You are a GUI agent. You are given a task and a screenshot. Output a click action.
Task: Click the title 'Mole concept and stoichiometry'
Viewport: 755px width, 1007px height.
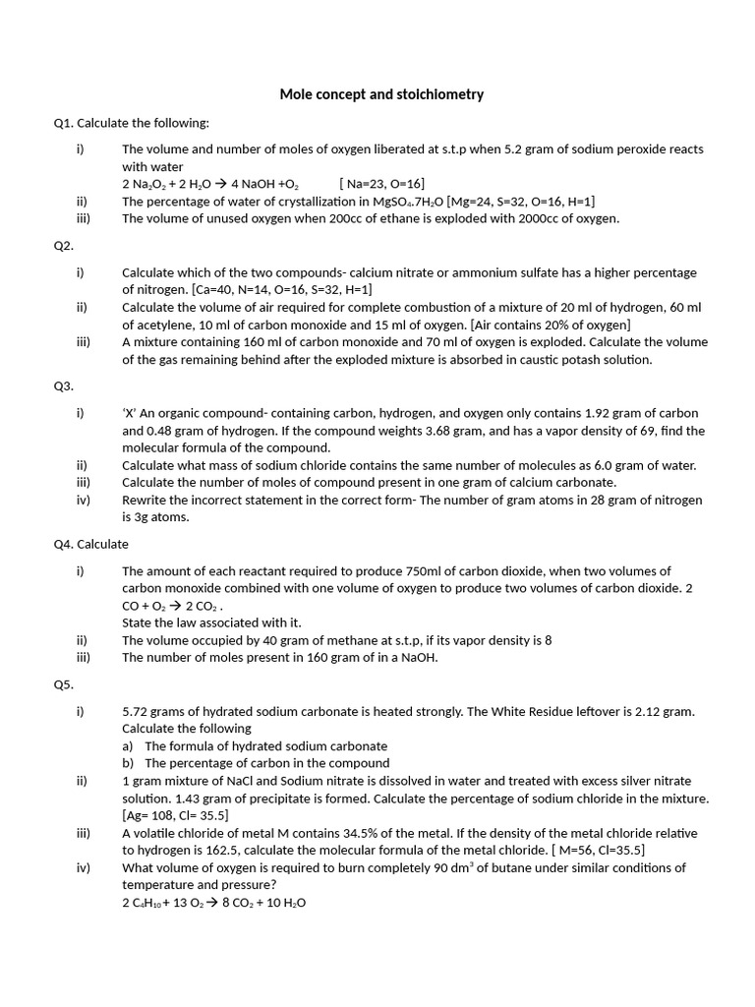click(381, 94)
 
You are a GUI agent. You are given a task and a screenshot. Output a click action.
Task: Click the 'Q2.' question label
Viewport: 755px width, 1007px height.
click(64, 246)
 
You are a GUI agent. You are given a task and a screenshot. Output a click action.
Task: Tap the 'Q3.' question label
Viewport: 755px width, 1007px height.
click(64, 386)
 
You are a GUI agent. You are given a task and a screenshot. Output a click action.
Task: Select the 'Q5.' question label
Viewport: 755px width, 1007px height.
click(64, 684)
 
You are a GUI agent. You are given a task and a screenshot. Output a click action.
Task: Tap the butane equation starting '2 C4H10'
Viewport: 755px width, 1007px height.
click(213, 903)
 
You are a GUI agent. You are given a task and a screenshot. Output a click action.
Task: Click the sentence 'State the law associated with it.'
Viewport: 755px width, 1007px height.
click(211, 622)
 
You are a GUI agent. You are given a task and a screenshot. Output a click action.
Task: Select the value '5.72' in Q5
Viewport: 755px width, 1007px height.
click(135, 711)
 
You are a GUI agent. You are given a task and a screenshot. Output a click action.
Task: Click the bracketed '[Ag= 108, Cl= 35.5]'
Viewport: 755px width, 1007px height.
click(175, 815)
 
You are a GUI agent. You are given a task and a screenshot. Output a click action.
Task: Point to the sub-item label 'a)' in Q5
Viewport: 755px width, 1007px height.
click(128, 745)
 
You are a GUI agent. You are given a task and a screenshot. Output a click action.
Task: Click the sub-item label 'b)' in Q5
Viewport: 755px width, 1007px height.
click(128, 763)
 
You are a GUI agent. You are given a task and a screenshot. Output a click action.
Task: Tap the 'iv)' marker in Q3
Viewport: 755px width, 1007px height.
click(84, 500)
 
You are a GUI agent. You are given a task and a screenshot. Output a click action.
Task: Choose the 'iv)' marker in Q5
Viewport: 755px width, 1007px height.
click(84, 867)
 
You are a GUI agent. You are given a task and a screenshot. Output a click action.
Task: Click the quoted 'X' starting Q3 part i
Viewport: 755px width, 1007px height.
click(128, 414)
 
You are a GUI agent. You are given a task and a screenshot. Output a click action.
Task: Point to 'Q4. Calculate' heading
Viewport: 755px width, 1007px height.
click(91, 544)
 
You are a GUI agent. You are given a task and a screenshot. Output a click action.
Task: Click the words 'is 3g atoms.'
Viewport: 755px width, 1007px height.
click(155, 517)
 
